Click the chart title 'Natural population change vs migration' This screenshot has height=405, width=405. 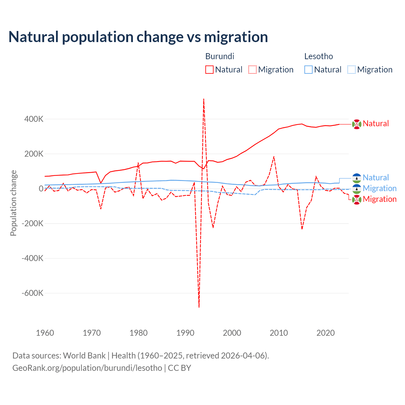(x=138, y=37)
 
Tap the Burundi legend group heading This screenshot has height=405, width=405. (x=220, y=56)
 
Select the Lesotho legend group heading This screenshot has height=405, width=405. (x=318, y=56)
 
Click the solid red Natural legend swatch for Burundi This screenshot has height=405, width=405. (x=209, y=70)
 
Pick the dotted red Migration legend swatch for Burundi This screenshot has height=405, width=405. (x=252, y=70)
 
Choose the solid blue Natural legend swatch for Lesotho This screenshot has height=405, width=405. (x=308, y=70)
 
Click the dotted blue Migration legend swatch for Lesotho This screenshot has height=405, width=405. (x=352, y=70)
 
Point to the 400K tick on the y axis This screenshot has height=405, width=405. (x=34, y=119)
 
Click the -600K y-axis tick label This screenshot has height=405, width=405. (x=33, y=293)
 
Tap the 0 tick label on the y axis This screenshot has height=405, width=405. (x=41, y=189)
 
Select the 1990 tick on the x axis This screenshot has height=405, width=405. (x=185, y=333)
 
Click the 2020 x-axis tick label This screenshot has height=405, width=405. (x=326, y=333)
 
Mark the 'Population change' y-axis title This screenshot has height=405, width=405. (x=13, y=203)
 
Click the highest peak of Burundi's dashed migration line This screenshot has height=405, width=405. (x=203, y=99)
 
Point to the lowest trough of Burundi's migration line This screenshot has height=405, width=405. (x=199, y=307)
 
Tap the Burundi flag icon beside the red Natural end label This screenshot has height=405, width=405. (x=357, y=124)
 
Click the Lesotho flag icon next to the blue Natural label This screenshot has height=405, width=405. (x=357, y=178)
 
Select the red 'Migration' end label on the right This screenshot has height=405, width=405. (x=379, y=199)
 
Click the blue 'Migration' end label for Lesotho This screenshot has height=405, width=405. (x=379, y=189)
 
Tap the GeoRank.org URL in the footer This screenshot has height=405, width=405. (x=87, y=368)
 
